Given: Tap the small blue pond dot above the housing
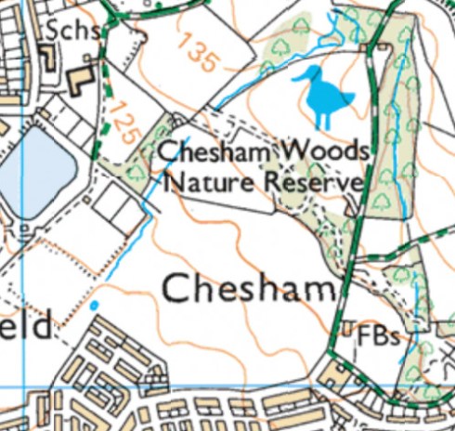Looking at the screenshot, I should tap(94, 305).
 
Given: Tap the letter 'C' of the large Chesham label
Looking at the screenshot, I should tap(177, 287).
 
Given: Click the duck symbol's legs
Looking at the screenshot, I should tap(325, 119).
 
